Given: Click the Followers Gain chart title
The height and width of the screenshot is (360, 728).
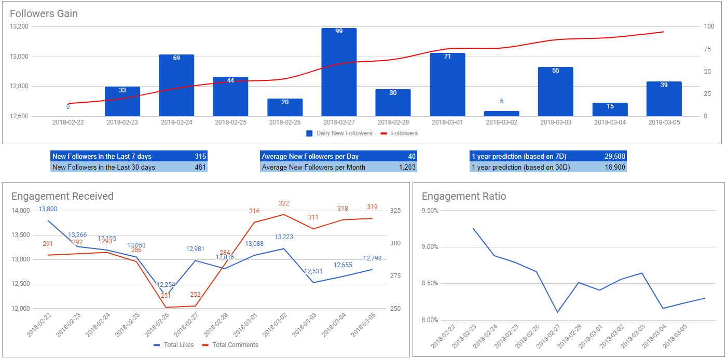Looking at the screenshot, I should point(44,14).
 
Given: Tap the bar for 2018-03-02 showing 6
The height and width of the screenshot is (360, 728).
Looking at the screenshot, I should point(501,113).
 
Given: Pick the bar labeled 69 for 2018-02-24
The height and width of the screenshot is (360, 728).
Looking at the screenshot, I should point(176,85).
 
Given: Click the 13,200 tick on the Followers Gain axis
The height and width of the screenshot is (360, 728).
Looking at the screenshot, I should point(19,26).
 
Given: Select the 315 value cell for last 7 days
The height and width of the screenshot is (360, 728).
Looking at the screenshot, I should point(200,156).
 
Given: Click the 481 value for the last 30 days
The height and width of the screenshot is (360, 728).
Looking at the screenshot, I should point(200,167).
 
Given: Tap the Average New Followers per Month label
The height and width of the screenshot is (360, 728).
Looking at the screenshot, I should point(313,167).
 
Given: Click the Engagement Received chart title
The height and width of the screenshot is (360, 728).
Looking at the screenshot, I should point(62,196).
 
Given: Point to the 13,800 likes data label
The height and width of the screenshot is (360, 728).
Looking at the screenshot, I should point(48,209).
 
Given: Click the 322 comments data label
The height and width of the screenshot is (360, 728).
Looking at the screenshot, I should point(283,203).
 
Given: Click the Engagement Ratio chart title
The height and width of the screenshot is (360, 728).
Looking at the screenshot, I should point(463,196).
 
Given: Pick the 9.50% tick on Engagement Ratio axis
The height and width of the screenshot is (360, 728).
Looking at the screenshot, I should point(430,211).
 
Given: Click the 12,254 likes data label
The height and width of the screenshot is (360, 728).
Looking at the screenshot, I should point(166,285).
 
